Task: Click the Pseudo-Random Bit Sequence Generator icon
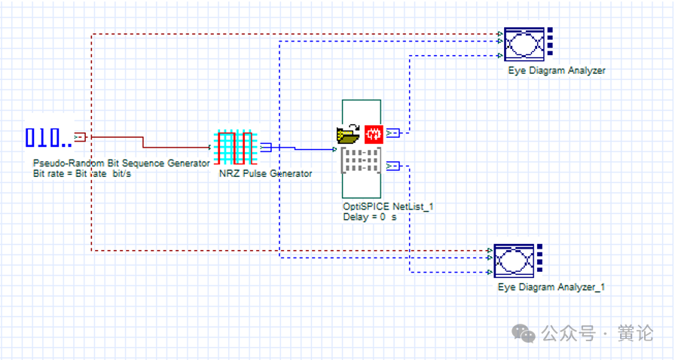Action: coord(49,138)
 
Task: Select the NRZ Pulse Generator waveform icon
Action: coord(236,148)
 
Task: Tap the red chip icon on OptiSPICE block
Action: coord(374,134)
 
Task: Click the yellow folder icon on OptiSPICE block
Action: coord(348,134)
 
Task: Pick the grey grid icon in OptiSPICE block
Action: coord(361,160)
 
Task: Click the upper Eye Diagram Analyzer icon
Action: coord(529,44)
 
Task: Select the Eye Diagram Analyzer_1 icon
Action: coord(518,261)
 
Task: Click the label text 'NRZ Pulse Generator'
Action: coord(266,173)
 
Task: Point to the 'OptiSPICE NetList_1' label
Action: coord(388,206)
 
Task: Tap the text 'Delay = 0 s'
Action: coord(369,217)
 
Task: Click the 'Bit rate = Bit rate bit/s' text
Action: coord(82,174)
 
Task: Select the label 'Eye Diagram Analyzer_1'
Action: coord(551,287)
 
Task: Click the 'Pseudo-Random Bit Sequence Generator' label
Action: coord(121,163)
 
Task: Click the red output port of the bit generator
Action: coord(80,137)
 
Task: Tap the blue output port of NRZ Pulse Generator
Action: coord(266,148)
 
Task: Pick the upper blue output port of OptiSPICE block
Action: coord(392,133)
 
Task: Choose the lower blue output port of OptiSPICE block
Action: coord(392,166)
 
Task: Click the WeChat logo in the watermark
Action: coord(523,334)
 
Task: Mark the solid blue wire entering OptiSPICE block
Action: coord(304,148)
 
